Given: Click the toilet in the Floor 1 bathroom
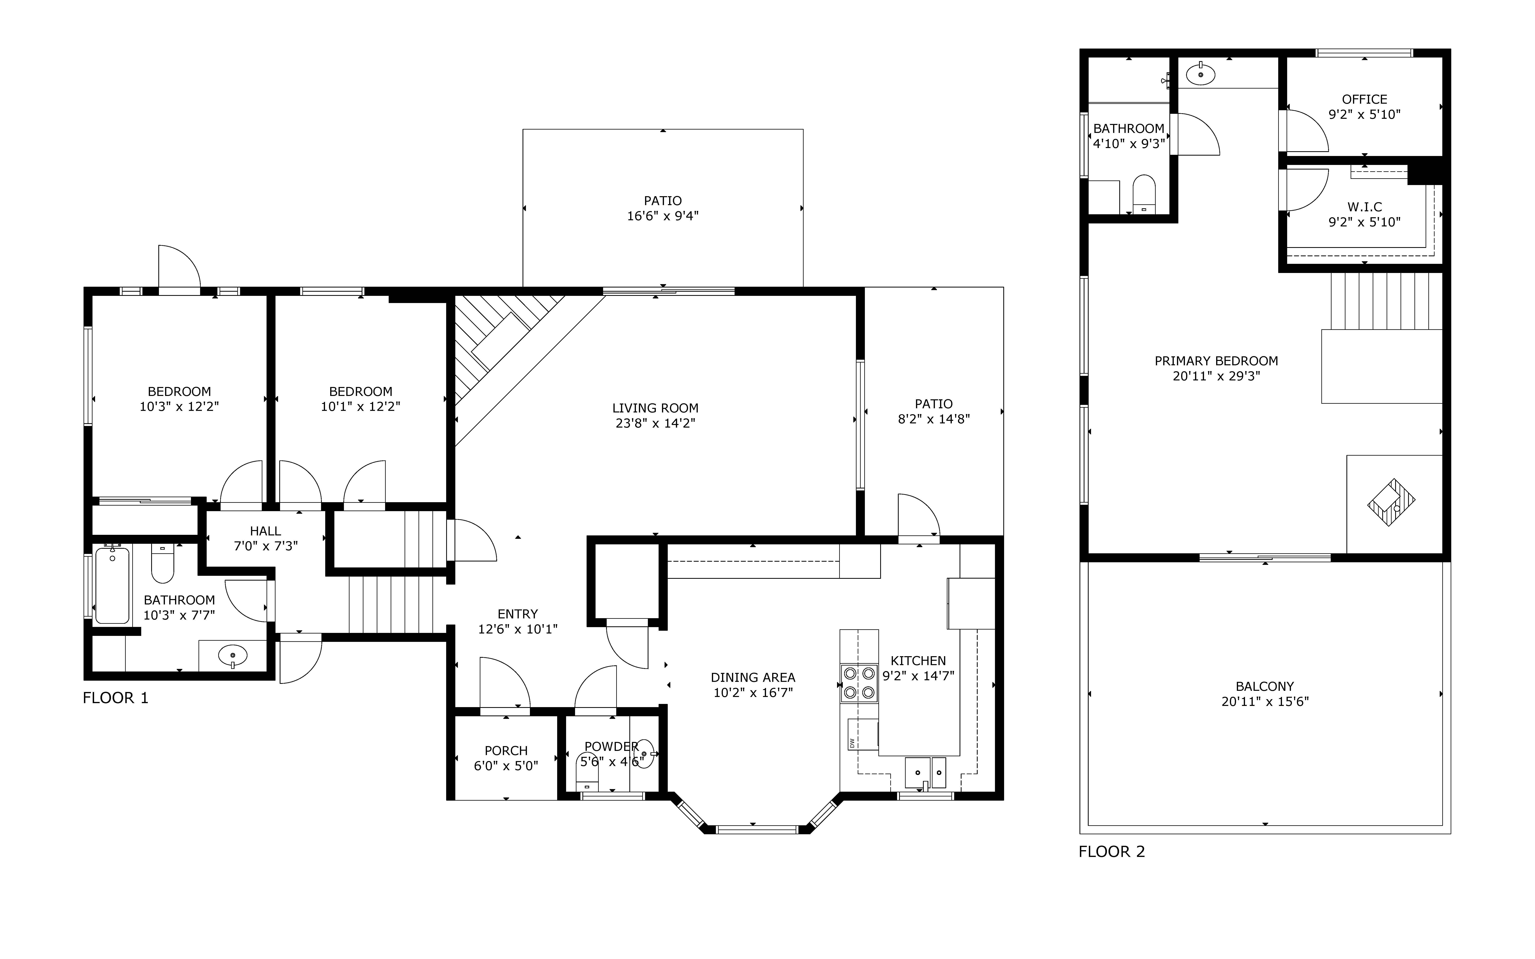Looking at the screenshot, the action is [x=162, y=564].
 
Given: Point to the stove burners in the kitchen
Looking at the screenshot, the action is [x=859, y=683].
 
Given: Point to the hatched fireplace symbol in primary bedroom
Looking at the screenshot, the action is [x=1392, y=502].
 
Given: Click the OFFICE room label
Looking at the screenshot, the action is [x=1365, y=99].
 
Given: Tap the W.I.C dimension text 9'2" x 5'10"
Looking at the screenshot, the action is [x=1365, y=222].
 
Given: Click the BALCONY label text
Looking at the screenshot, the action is [x=1265, y=686].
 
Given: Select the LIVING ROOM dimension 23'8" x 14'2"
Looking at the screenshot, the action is [x=656, y=423].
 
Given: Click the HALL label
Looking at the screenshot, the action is [x=265, y=531].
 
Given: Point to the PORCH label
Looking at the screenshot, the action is [x=506, y=751].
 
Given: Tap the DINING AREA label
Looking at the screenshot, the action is [x=753, y=677].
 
